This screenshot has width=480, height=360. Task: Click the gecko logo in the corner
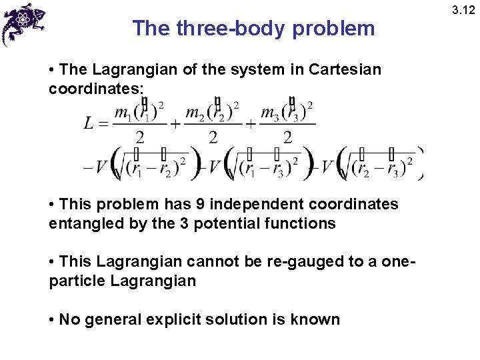tap(23, 23)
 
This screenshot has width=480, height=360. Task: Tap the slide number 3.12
tap(464, 10)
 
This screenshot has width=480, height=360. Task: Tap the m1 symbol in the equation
tap(123, 114)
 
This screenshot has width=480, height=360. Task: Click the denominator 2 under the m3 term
tap(287, 138)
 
